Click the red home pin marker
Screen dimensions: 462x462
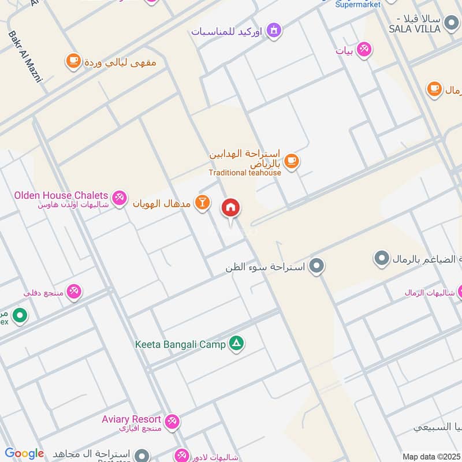pyautogui.click(x=231, y=208)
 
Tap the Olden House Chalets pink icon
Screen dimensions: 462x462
pyautogui.click(x=120, y=198)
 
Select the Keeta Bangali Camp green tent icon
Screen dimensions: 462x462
pyautogui.click(x=236, y=344)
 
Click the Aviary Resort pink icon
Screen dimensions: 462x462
pyautogui.click(x=172, y=422)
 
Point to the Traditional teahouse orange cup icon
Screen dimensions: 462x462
pyautogui.click(x=292, y=161)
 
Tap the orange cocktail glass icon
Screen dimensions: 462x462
pyautogui.click(x=202, y=203)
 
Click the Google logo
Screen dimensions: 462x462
pyautogui.click(x=24, y=453)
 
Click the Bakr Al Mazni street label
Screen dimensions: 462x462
pyautogui.click(x=25, y=57)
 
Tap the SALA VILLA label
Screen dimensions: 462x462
pyautogui.click(x=415, y=28)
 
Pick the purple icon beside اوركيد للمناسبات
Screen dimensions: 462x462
pyautogui.click(x=274, y=29)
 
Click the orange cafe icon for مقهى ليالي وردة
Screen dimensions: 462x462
pyautogui.click(x=73, y=61)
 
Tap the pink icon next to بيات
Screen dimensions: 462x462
pyautogui.click(x=364, y=50)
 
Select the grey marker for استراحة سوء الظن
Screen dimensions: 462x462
pyautogui.click(x=316, y=266)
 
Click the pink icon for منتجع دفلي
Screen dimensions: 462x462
pyautogui.click(x=74, y=292)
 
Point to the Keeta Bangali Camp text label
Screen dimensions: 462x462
pyautogui.click(x=180, y=345)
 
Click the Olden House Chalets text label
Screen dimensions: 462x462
pyautogui.click(x=61, y=195)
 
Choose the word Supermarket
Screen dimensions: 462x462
pyautogui.click(x=358, y=5)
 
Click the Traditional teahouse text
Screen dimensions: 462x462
pyautogui.click(x=245, y=172)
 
